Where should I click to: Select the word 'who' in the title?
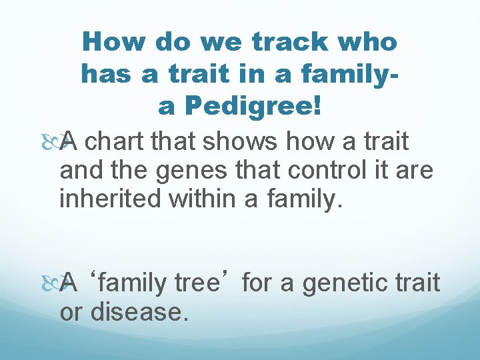[x=369, y=43]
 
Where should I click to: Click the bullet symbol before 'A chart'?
[x=65, y=141]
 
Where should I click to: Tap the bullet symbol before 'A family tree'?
[x=65, y=283]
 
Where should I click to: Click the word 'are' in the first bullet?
[x=417, y=170]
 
